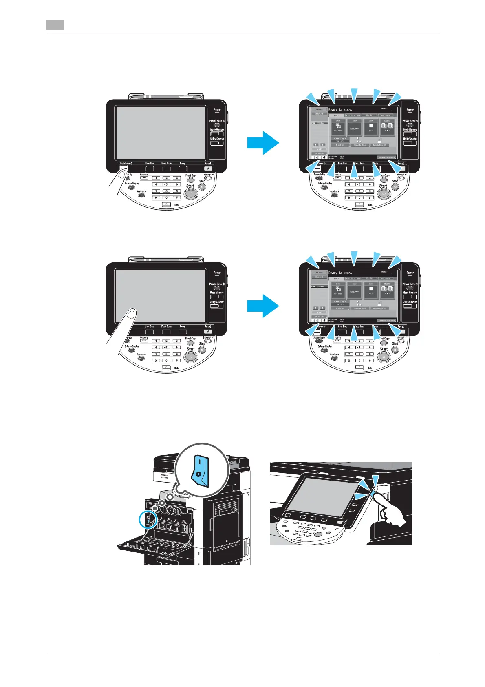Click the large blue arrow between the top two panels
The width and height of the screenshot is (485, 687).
[263, 143]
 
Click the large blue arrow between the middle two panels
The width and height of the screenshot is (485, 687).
[263, 306]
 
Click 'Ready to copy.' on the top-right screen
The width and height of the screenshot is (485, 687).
[340, 110]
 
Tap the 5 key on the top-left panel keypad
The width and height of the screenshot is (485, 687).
[167, 184]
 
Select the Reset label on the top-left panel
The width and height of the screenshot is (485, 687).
[208, 163]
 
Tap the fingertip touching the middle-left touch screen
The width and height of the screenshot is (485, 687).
[130, 313]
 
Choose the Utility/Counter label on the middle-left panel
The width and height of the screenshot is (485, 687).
[217, 302]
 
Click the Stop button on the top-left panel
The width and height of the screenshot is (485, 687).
[202, 186]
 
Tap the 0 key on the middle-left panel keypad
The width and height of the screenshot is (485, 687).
[167, 361]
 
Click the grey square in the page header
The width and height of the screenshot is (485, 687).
[55, 24]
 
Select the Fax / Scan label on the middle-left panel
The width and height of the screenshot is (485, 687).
[166, 326]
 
